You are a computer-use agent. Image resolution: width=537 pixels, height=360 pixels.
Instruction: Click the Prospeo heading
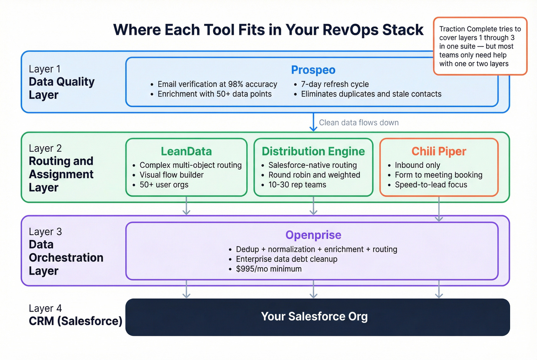pos(313,70)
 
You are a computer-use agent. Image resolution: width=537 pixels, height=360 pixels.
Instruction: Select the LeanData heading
pos(186,151)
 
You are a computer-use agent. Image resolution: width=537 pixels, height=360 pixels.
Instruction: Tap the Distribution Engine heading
pos(313,151)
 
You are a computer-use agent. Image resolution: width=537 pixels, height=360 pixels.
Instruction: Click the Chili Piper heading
pos(439,151)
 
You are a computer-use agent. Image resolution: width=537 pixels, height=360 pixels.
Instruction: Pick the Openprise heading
pos(313,235)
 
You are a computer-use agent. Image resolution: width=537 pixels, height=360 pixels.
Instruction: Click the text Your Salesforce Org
pos(314,317)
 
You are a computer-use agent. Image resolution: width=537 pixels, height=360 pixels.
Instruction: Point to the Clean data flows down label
pos(359,123)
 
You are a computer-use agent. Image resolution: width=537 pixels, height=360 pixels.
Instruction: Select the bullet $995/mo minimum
pos(268,269)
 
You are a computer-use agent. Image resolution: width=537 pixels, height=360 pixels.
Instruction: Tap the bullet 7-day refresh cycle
pos(334,84)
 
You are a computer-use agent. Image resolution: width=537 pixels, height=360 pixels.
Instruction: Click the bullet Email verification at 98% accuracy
pos(217,84)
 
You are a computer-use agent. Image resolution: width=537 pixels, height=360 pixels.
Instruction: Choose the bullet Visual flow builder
pos(171,175)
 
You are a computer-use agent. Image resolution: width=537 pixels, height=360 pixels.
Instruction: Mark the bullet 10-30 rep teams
pos(297,185)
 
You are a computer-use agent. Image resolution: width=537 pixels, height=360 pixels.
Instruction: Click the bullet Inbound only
pos(417,165)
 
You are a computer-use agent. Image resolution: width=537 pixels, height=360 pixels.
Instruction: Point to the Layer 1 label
pos(44,69)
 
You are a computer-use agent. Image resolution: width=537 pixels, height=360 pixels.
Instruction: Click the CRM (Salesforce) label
pos(75,321)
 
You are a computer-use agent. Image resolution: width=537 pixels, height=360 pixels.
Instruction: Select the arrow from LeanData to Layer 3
pos(186,206)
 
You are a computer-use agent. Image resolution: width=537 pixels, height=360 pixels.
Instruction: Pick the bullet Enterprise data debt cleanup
pos(287,259)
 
